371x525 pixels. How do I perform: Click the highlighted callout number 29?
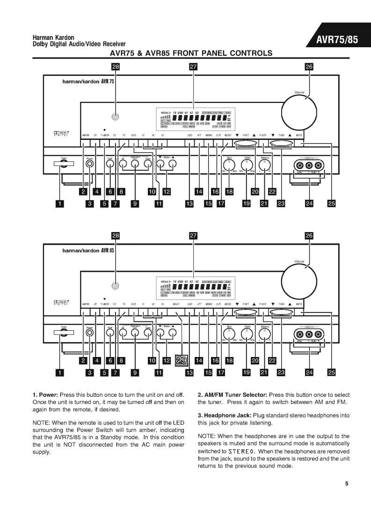(182, 360)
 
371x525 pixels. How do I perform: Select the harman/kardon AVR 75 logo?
(88, 81)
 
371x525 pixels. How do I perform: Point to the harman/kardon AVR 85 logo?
(88, 250)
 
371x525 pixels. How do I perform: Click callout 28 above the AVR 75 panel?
(115, 67)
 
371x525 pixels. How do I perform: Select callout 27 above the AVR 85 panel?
(193, 236)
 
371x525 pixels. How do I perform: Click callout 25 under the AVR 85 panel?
(332, 372)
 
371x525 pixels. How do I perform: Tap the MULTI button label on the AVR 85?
(176, 304)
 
